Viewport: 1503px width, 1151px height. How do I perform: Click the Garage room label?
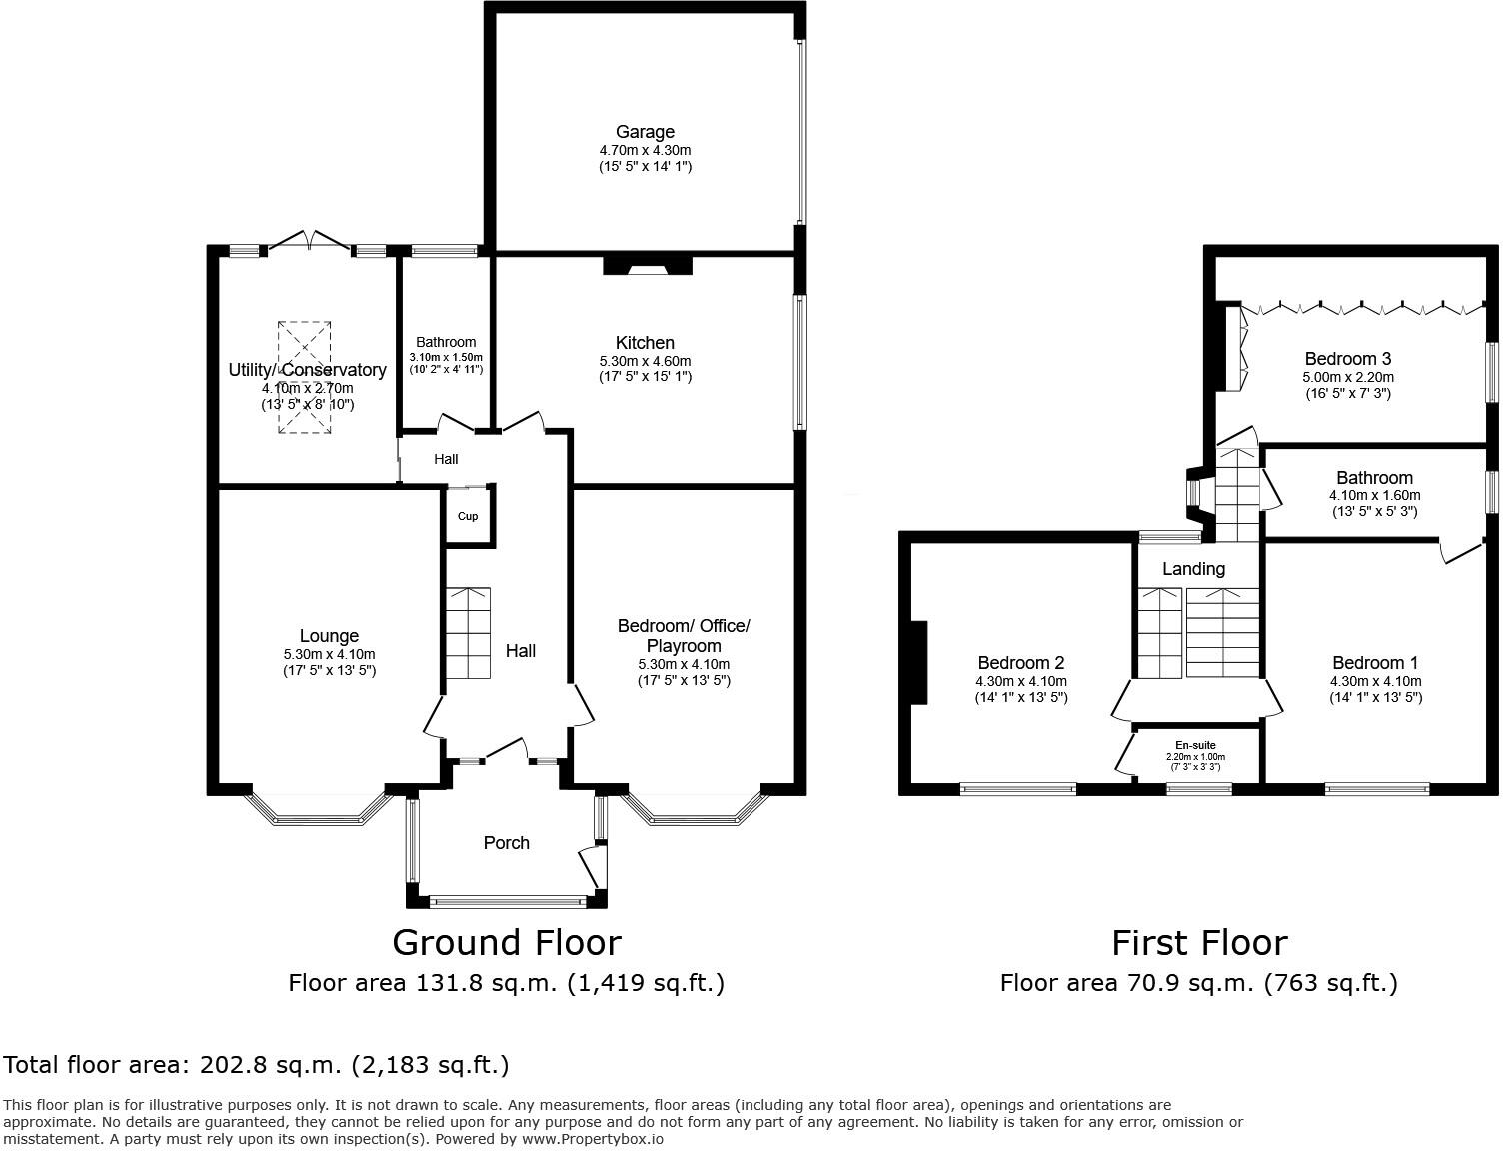click(x=645, y=132)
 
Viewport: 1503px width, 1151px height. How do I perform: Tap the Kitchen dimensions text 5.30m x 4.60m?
click(x=645, y=361)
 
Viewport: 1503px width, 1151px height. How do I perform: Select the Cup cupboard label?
click(x=468, y=517)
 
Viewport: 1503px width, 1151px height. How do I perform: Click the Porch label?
click(x=506, y=843)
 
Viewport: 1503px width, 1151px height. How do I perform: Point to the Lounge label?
click(x=329, y=636)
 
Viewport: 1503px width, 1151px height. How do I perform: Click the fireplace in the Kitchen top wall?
click(x=648, y=265)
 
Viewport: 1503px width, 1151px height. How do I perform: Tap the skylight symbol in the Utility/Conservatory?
click(x=304, y=378)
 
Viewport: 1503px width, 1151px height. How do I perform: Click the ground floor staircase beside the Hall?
click(x=468, y=633)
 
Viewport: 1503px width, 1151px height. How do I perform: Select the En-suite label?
click(x=1195, y=745)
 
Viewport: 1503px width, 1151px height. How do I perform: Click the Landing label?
click(x=1193, y=569)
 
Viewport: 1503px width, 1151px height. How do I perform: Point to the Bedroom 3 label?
click(x=1347, y=359)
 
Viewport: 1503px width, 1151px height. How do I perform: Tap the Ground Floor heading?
click(x=506, y=942)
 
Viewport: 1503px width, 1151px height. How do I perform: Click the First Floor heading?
click(x=1199, y=942)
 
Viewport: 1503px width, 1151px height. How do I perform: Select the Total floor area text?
click(x=257, y=1065)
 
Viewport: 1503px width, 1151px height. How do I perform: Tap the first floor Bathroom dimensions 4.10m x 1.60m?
click(x=1374, y=495)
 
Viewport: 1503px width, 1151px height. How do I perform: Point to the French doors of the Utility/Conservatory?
click(x=310, y=241)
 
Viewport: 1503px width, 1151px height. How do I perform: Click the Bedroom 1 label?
click(x=1375, y=663)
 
